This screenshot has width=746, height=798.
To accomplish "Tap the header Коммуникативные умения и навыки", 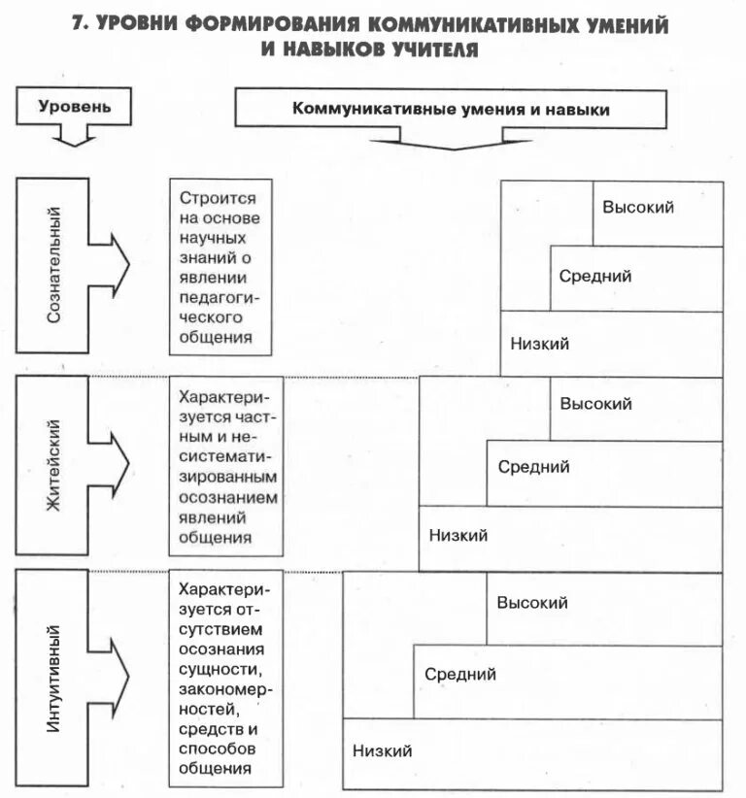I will pyautogui.click(x=451, y=110).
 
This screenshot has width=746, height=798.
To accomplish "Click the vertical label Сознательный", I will pyautogui.click(x=54, y=265).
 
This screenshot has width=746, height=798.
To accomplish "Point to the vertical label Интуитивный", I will pyautogui.click(x=54, y=678).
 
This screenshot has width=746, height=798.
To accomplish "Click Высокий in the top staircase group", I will pyautogui.click(x=637, y=207).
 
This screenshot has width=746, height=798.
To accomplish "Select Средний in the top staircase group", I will pyautogui.click(x=594, y=276).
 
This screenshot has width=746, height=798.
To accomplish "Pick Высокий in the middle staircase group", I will pyautogui.click(x=595, y=403).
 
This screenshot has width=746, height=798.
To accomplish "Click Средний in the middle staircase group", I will pyautogui.click(x=533, y=467).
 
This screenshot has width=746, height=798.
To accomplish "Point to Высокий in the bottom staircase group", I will pyautogui.click(x=532, y=603).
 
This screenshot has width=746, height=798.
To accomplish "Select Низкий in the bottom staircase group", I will pyautogui.click(x=382, y=750).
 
